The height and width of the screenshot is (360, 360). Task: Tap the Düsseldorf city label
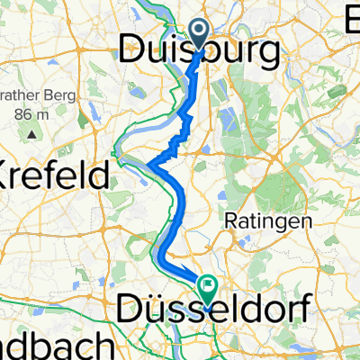(x=216, y=310)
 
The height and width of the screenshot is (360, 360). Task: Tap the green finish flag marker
(x=209, y=288)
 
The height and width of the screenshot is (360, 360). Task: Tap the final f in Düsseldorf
(x=307, y=310)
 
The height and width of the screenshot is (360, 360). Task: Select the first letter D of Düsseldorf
(x=130, y=310)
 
